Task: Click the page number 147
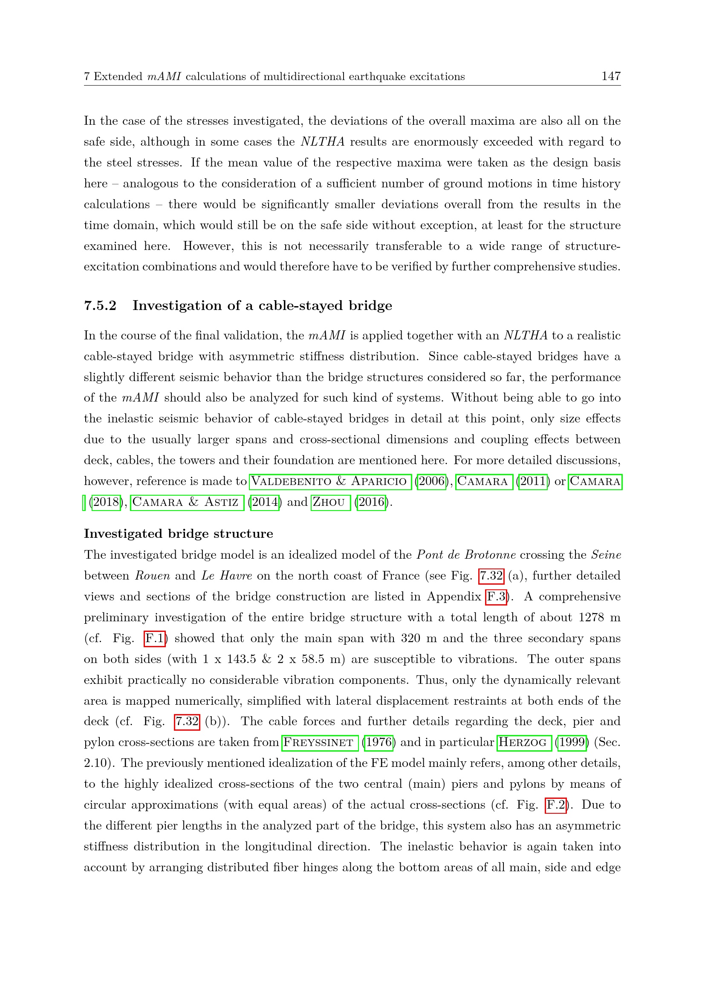[611, 76]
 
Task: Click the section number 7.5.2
[100, 306]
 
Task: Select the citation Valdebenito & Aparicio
[330, 482]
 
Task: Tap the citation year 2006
[431, 482]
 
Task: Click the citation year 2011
[533, 482]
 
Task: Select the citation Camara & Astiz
[187, 502]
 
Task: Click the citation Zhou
[330, 502]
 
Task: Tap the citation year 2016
[371, 502]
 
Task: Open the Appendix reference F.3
[496, 597]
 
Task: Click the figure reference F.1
[155, 639]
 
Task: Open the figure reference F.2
[556, 805]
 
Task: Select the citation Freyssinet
[320, 743]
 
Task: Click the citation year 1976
[379, 743]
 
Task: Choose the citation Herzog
[524, 743]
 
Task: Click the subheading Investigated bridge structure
[179, 534]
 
